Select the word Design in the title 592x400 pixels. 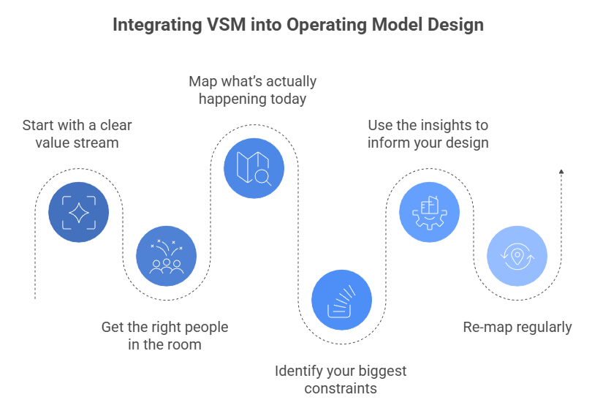click(x=455, y=25)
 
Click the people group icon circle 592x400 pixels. click(x=166, y=256)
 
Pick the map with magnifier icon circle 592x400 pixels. click(x=254, y=169)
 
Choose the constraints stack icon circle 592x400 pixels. click(x=341, y=299)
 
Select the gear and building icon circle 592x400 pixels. click(x=429, y=213)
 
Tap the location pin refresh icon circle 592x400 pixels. click(x=517, y=256)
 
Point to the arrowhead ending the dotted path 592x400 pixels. click(x=561, y=172)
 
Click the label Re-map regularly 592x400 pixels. click(x=517, y=327)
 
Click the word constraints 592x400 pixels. click(x=341, y=388)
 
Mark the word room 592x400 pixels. click(x=186, y=344)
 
